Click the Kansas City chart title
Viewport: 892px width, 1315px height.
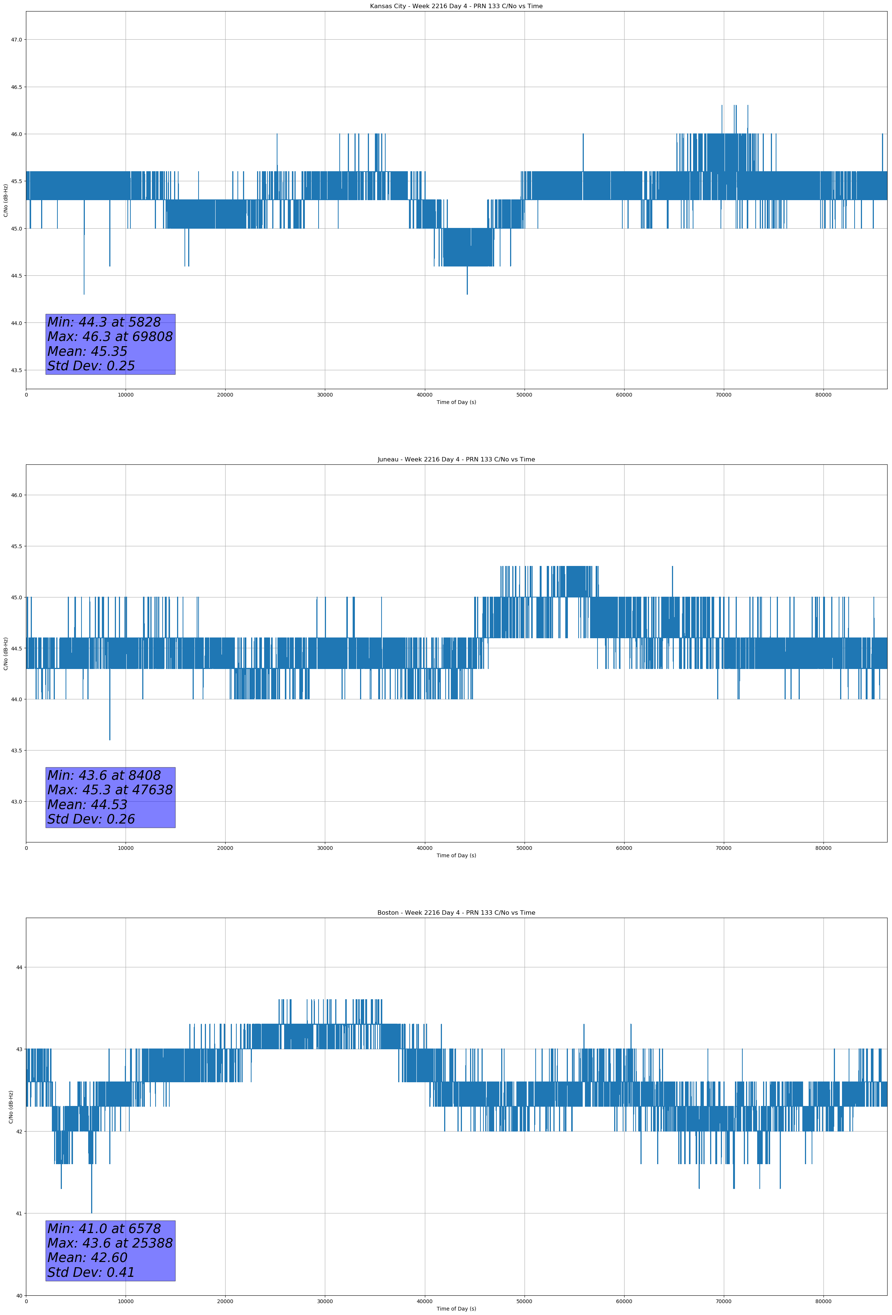tap(456, 6)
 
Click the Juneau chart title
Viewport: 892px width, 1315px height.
tap(456, 460)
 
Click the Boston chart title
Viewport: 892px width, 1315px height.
tap(456, 913)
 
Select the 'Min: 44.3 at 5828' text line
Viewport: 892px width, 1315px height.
tap(104, 322)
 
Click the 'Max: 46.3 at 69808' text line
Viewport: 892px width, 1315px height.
tap(110, 337)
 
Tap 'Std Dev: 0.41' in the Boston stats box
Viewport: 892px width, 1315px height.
tap(91, 1272)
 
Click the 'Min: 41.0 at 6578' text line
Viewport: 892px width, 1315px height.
tap(104, 1228)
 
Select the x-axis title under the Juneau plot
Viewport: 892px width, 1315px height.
tap(456, 855)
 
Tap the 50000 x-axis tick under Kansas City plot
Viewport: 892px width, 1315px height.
tap(524, 395)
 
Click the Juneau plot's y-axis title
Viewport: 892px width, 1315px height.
tap(6, 653)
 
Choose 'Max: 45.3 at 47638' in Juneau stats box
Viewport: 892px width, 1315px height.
tap(110, 790)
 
